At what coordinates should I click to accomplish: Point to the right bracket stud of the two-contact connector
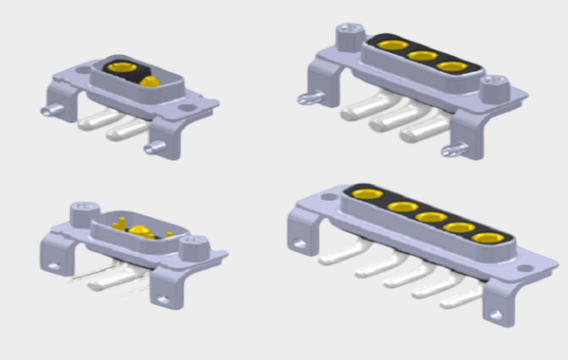152,150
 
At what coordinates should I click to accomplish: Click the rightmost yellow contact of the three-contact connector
452,67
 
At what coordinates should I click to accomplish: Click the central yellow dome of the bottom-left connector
138,232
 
